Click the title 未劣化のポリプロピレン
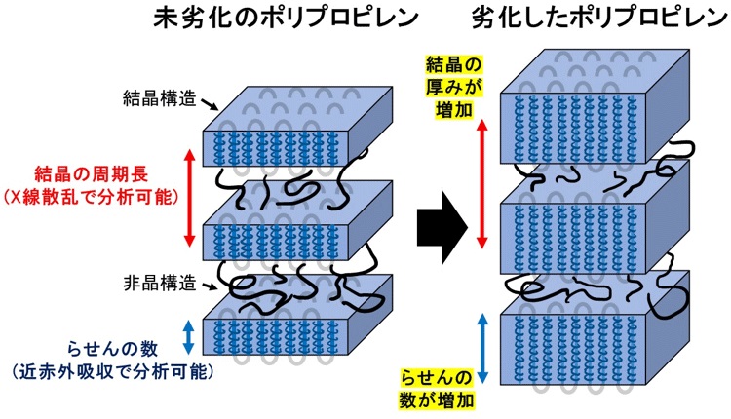tap(287, 19)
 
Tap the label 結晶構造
tap(160, 98)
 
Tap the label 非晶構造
tap(160, 283)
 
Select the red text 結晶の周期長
tap(91, 174)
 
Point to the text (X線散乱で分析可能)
tap(91, 198)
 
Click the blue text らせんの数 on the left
tap(112, 349)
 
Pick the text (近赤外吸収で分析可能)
tap(112, 372)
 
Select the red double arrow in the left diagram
tap(189, 198)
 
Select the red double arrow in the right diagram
tap(482, 183)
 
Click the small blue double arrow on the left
tap(188, 336)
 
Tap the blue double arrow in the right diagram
tap(482, 348)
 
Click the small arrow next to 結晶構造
tap(210, 105)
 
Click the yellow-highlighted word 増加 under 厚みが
tap(453, 110)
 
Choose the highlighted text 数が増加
tap(437, 400)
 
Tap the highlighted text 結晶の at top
tap(453, 64)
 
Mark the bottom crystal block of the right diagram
tap(595, 327)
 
